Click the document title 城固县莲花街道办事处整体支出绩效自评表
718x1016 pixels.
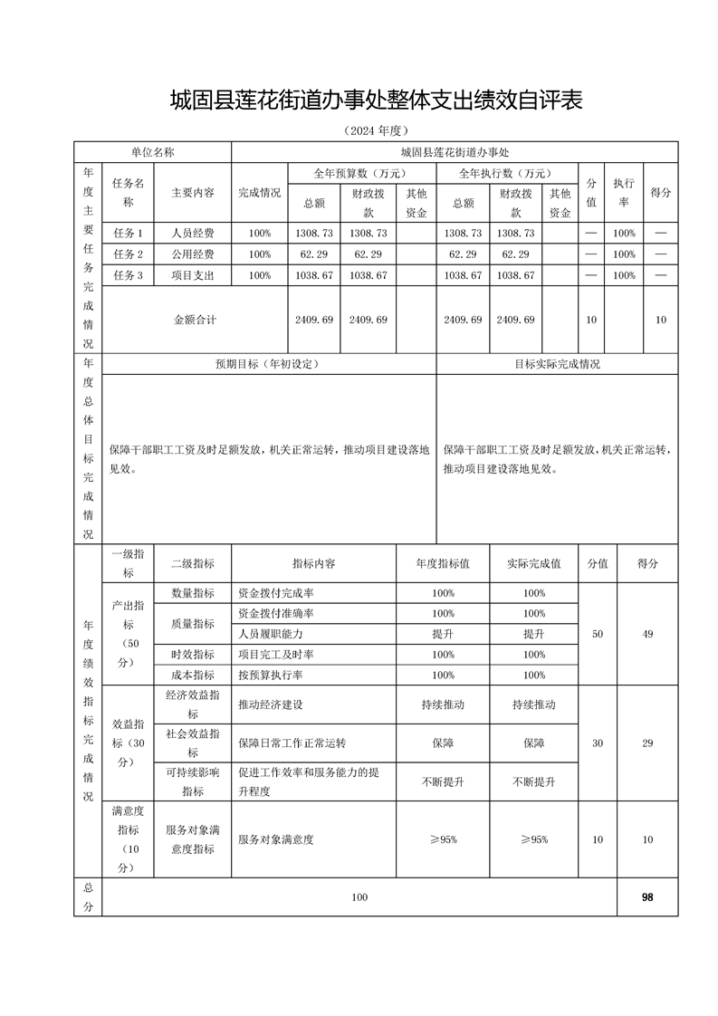click(375, 100)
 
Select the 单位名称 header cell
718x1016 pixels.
click(153, 152)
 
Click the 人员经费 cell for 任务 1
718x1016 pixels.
click(193, 233)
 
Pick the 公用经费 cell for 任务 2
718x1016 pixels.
click(193, 254)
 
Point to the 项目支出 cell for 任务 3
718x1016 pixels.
click(193, 274)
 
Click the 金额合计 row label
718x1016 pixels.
click(195, 319)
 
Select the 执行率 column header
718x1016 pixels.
click(623, 193)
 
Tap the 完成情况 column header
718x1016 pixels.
click(259, 193)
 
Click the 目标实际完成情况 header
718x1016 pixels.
click(557, 364)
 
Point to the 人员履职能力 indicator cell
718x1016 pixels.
click(271, 634)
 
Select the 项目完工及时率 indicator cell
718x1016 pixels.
click(276, 655)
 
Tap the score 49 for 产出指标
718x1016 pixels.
click(647, 634)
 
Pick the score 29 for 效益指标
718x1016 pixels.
click(647, 743)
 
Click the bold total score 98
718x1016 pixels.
click(647, 896)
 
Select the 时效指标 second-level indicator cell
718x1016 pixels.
click(193, 655)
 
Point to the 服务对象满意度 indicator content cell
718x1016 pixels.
click(276, 839)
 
